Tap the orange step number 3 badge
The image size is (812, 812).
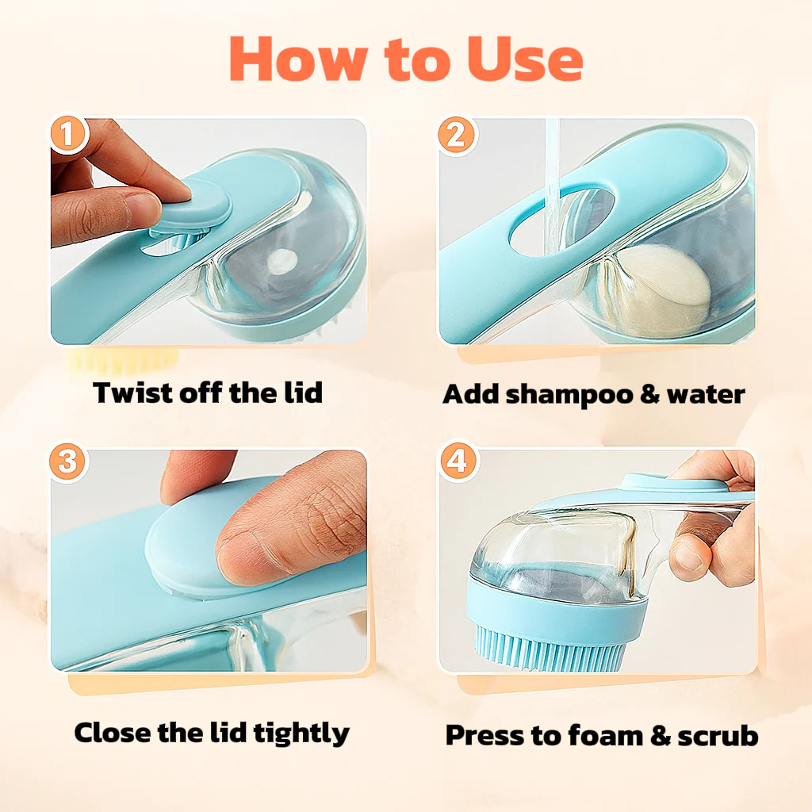pos(68,462)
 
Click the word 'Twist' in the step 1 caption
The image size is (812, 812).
pos(129,393)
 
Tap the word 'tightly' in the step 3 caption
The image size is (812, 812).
pos(301,732)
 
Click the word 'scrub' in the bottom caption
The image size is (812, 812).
pos(718,735)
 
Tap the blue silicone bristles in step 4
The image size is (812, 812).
pos(555,648)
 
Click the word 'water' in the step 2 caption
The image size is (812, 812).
pos(706,394)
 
